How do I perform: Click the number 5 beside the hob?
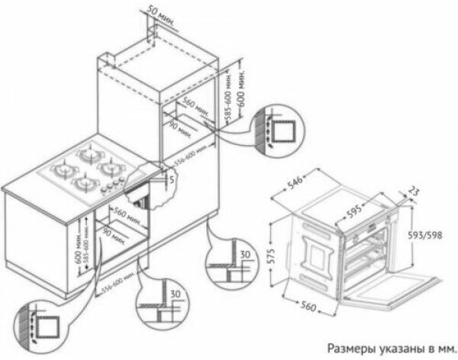click(174, 179)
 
